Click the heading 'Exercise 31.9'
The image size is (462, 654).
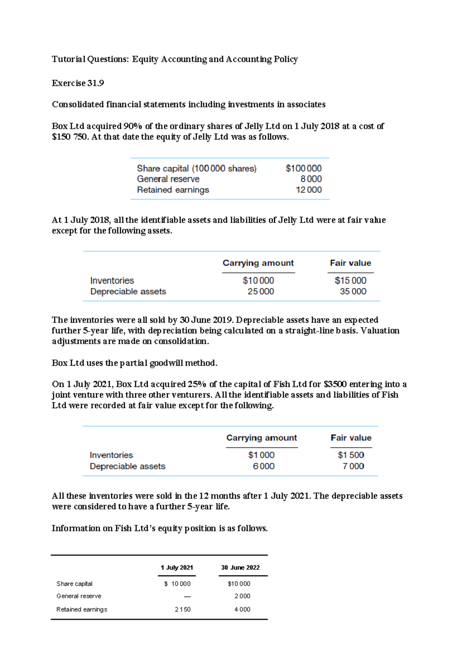(x=78, y=83)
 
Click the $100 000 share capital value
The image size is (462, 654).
(x=303, y=168)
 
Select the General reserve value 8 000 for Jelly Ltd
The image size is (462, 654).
(x=311, y=179)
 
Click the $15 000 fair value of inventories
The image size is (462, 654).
(x=350, y=281)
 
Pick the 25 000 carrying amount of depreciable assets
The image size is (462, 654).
(x=261, y=292)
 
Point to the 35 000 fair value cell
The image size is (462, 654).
(x=353, y=292)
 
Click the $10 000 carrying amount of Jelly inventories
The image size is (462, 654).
(x=258, y=281)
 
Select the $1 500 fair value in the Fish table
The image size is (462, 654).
(x=351, y=455)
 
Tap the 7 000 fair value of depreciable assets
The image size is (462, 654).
(x=353, y=466)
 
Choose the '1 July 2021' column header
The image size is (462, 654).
(x=177, y=568)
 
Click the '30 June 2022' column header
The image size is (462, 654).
(x=240, y=568)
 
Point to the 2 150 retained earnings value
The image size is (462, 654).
(x=182, y=610)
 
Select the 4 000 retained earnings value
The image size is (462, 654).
(x=242, y=610)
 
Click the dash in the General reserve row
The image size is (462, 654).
(x=187, y=596)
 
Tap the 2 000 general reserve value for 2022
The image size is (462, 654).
(x=242, y=596)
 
